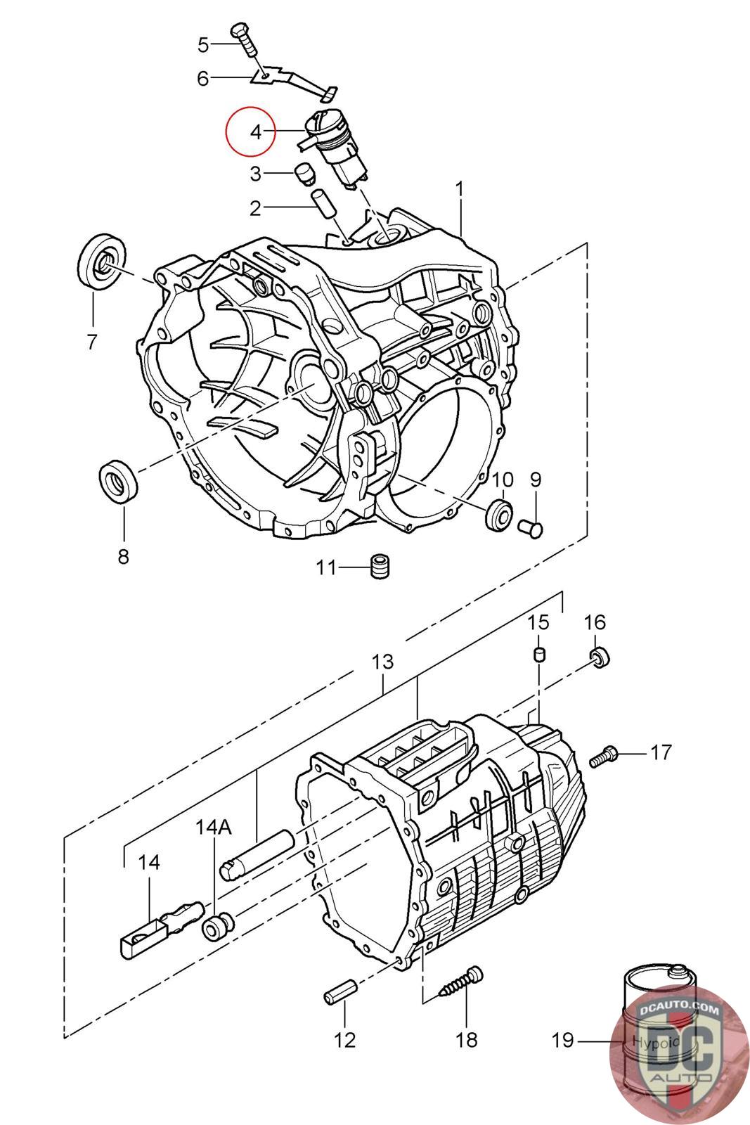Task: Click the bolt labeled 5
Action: (x=244, y=39)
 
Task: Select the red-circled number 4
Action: (x=256, y=133)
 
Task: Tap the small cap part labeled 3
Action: (x=302, y=174)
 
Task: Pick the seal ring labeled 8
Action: (x=119, y=481)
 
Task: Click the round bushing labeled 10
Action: (x=500, y=514)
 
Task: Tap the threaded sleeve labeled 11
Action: (x=380, y=567)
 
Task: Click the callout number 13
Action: (x=382, y=662)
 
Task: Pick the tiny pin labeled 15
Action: (x=538, y=655)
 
